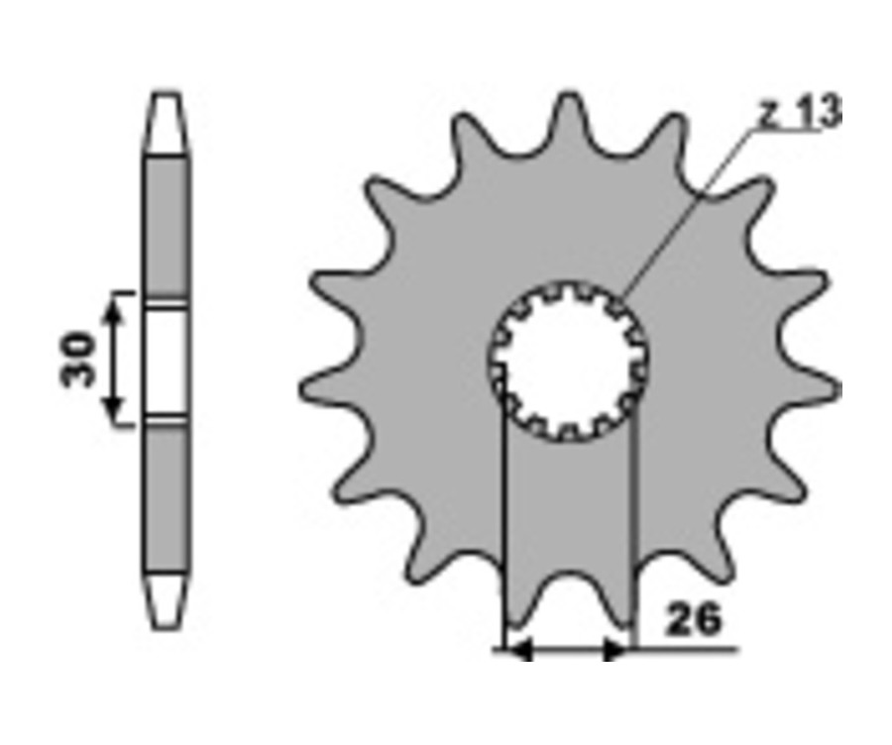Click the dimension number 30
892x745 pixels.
click(x=77, y=359)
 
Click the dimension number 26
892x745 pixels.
click(x=693, y=619)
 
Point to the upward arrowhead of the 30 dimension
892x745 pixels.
click(x=114, y=310)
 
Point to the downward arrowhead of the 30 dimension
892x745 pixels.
click(x=114, y=407)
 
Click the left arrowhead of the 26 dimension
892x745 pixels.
click(x=518, y=649)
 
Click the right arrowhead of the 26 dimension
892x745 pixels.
click(x=615, y=649)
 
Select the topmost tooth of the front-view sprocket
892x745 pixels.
click(x=569, y=122)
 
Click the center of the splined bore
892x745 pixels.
click(x=568, y=362)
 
